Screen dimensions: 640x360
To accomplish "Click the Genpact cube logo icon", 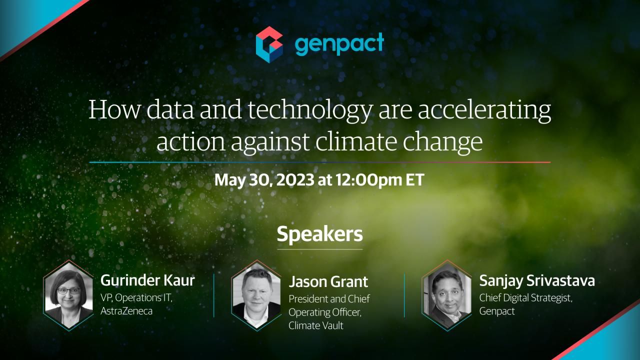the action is (269, 44).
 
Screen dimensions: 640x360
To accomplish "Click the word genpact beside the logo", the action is (339, 44).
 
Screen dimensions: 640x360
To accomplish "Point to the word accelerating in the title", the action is (484, 111).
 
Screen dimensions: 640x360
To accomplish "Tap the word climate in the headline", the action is (356, 141).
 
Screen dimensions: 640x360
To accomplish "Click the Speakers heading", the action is (319, 234).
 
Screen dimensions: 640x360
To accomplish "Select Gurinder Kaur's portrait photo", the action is (69, 295).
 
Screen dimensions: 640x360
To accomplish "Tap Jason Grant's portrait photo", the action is (256, 295).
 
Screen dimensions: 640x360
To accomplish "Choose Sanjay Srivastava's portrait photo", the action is (447, 295).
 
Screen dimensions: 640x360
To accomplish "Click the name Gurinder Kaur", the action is (147, 280).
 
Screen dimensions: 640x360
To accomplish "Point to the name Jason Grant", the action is (328, 281).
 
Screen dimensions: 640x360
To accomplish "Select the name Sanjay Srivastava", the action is (537, 281).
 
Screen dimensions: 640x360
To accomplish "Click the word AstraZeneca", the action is (126, 311).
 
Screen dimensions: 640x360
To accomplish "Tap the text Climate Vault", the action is (315, 325).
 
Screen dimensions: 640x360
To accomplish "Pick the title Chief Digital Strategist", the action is (525, 298).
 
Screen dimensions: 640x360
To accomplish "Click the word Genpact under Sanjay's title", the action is (497, 311).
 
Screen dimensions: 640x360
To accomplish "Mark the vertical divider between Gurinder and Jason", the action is (213, 295).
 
